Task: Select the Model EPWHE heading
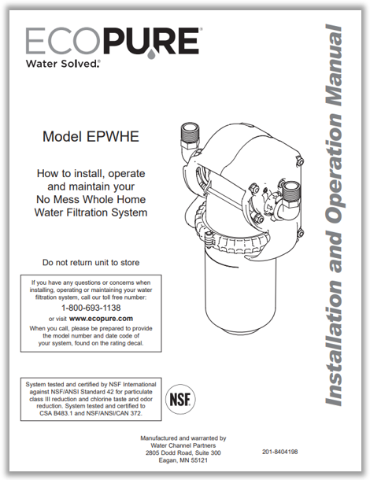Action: coord(92,137)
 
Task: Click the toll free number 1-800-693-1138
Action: coord(92,308)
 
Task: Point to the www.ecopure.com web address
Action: coord(102,319)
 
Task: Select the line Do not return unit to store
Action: coord(92,261)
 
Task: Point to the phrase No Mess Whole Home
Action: coord(92,200)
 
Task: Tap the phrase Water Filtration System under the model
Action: coord(92,212)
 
